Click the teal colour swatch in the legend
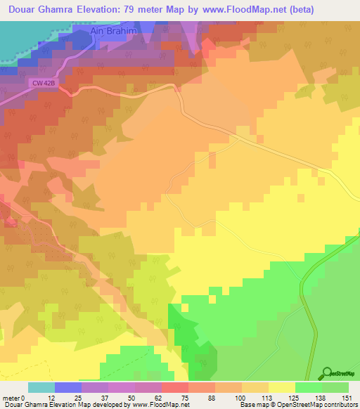tap(41, 387)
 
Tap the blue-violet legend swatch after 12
tap(67, 387)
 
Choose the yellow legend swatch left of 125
tap(281, 387)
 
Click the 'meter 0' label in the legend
tap(15, 397)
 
